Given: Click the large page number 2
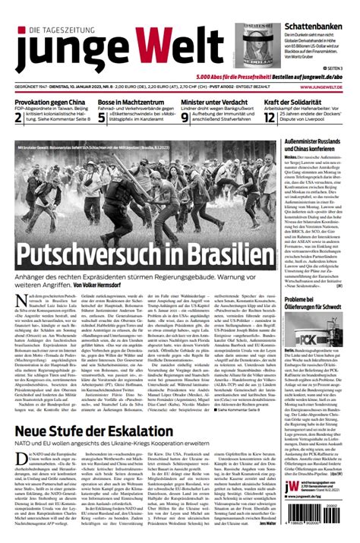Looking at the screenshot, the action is click(9, 116).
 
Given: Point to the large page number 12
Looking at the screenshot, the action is click(271, 116).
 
